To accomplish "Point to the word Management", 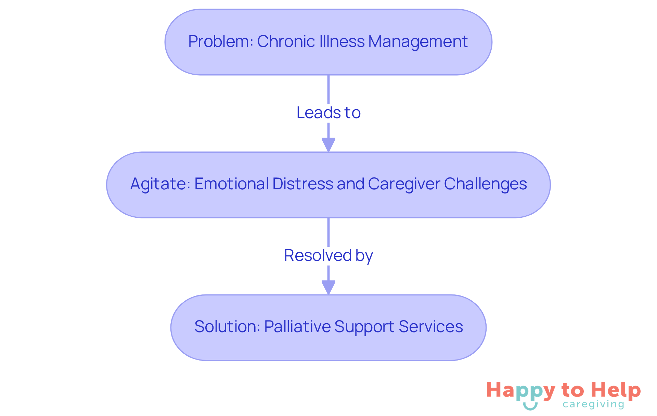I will click(418, 42).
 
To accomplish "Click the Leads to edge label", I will click(328, 113).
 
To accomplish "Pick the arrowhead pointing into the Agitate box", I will click(328, 144).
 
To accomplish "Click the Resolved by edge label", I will click(328, 255).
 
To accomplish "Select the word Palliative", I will click(297, 327).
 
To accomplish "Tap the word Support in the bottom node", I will click(364, 327).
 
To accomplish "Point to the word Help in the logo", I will click(616, 390).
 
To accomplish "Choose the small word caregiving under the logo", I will click(593, 405).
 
